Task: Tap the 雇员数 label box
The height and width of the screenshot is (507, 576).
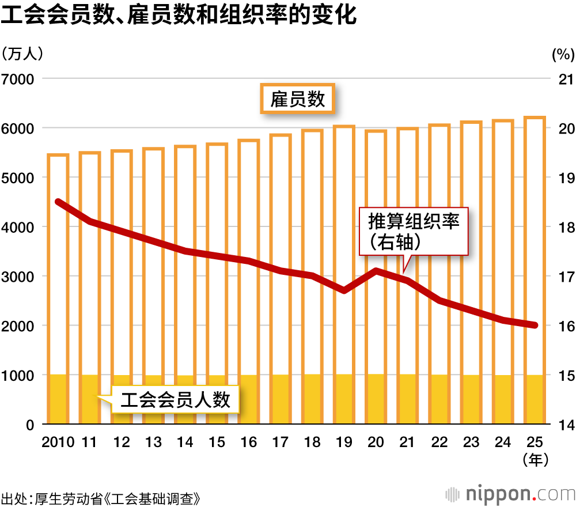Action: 298,100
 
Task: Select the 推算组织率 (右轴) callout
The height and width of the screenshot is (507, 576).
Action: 414,232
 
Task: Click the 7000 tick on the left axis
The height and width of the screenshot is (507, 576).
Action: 18,78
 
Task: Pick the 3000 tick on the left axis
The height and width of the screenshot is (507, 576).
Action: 18,276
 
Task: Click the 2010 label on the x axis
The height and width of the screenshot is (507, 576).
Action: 58,442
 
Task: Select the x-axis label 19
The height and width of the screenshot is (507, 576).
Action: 344,442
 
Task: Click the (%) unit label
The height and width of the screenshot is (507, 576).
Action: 563,54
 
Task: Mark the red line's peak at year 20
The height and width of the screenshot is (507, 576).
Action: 376,271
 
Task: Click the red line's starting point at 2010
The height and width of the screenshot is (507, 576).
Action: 58,202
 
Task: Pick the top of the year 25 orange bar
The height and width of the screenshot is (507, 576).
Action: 535,118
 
